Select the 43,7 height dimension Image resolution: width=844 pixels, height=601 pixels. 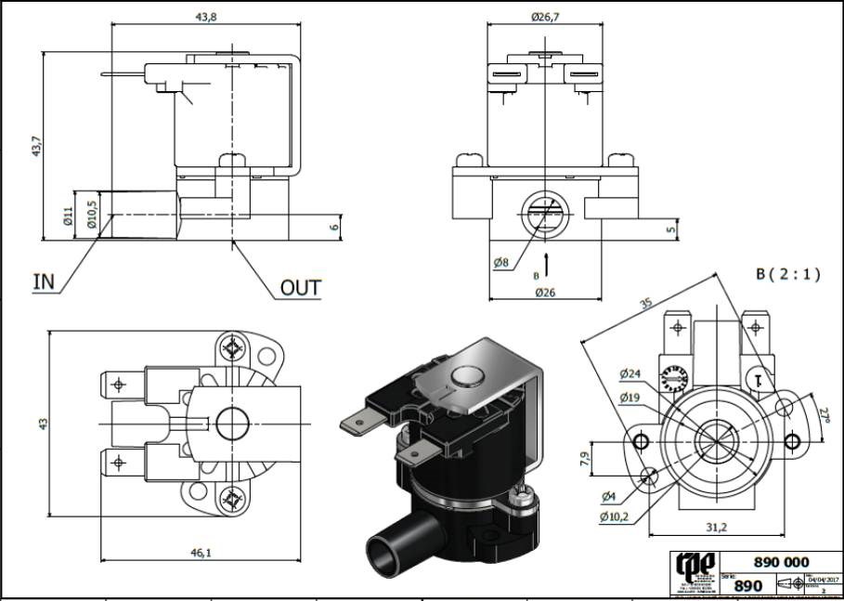tap(36, 146)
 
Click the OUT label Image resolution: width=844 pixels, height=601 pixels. tap(301, 289)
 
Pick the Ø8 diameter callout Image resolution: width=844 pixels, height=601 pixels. tap(501, 263)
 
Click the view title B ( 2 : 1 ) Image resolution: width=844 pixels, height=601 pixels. tap(788, 275)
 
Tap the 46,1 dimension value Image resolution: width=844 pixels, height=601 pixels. tap(201, 553)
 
